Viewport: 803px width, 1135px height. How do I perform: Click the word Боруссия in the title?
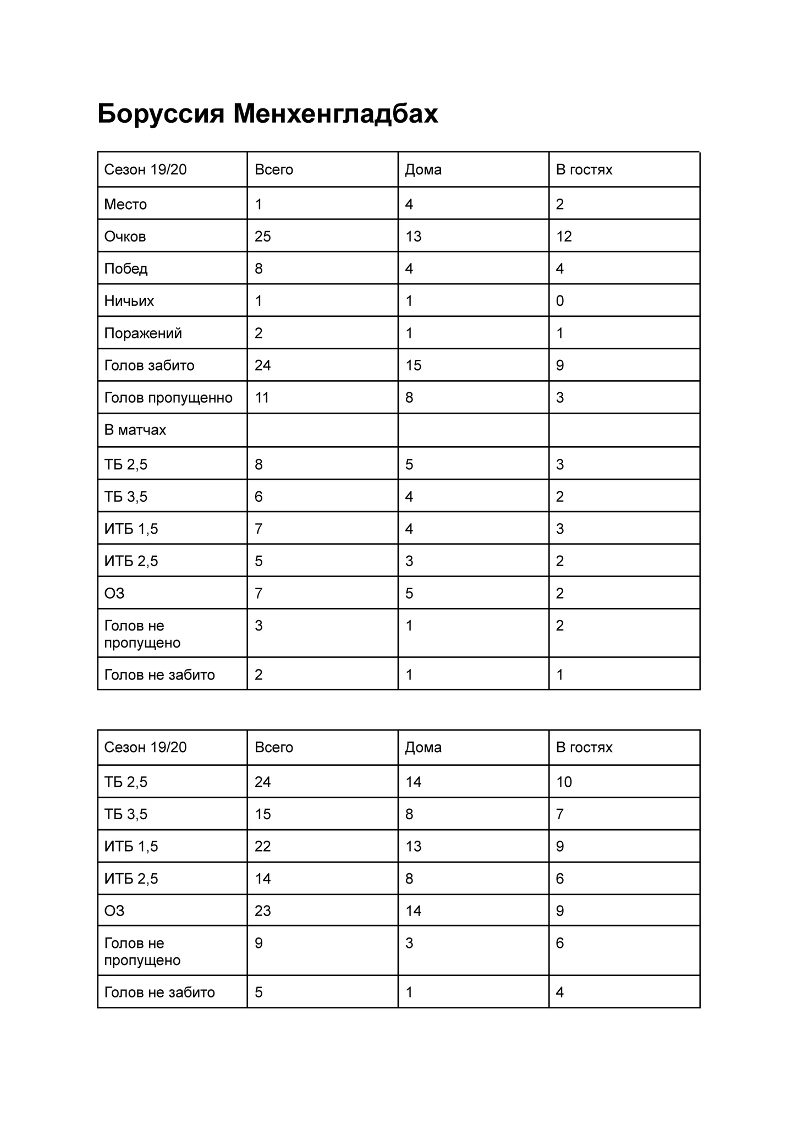pyautogui.click(x=161, y=114)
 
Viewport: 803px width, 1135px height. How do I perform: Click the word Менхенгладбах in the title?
pyautogui.click(x=335, y=114)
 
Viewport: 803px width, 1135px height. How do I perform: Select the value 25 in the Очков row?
pyautogui.click(x=262, y=237)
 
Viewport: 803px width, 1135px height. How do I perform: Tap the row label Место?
pyautogui.click(x=125, y=205)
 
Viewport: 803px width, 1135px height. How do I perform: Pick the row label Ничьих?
pyautogui.click(x=129, y=301)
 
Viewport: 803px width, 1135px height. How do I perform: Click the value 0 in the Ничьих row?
pyautogui.click(x=559, y=301)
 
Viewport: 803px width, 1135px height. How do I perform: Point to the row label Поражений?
pyautogui.click(x=142, y=333)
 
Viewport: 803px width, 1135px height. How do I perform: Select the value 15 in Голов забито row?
pyautogui.click(x=413, y=365)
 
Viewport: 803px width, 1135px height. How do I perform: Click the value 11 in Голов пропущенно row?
pyautogui.click(x=262, y=398)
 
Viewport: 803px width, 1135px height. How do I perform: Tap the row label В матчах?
pyautogui.click(x=135, y=430)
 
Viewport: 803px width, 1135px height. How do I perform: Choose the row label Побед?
pyautogui.click(x=126, y=269)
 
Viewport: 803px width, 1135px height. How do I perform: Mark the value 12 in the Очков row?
pyautogui.click(x=564, y=237)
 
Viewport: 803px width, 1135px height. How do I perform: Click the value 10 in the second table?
pyautogui.click(x=564, y=782)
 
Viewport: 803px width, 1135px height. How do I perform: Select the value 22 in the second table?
pyautogui.click(x=262, y=846)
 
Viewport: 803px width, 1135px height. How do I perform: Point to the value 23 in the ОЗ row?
pyautogui.click(x=262, y=911)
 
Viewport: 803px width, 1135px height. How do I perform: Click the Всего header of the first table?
pyautogui.click(x=273, y=169)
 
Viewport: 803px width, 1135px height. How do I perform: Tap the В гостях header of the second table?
pyautogui.click(x=584, y=747)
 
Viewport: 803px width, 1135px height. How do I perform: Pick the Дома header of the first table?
pyautogui.click(x=423, y=169)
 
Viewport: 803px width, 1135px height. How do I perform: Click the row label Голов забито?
pyautogui.click(x=149, y=365)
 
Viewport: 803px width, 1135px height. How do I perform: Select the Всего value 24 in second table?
pyautogui.click(x=262, y=782)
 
